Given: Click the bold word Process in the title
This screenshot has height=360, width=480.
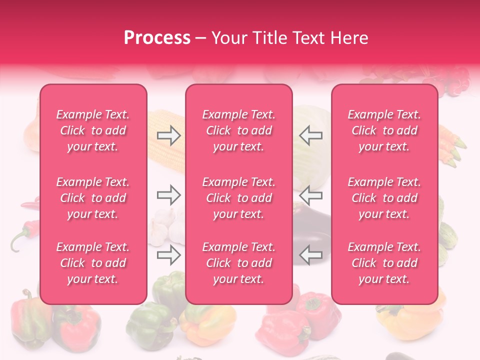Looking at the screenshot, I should pos(157,38).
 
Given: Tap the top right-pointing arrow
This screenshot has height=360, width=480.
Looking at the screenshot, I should pos(168,135).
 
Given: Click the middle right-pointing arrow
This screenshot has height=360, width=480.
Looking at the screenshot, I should pos(168,195).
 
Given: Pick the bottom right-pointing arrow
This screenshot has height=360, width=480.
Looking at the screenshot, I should pos(168,255).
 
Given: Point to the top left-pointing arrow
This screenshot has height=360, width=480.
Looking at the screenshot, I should pos(311,135).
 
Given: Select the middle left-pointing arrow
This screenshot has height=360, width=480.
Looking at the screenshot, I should pos(311,195).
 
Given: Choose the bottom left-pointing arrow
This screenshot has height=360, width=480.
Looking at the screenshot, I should pos(311,255).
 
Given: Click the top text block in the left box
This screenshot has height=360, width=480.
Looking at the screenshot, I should pos(93,130).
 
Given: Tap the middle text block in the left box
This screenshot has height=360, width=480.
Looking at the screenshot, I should pos(93,198).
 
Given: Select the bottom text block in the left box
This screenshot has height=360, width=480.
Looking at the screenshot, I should pos(93,263).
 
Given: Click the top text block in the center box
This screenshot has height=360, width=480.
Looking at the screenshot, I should pos(238,130).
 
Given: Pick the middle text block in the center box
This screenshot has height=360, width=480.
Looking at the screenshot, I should pos(238,198).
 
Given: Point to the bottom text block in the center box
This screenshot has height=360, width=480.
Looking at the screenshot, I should pos(238,263).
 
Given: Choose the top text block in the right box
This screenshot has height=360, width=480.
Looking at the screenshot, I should pos(384,130).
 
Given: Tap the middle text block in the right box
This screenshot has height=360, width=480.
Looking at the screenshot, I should pos(384,198).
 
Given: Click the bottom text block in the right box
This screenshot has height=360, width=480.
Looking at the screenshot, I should pos(384,263).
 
